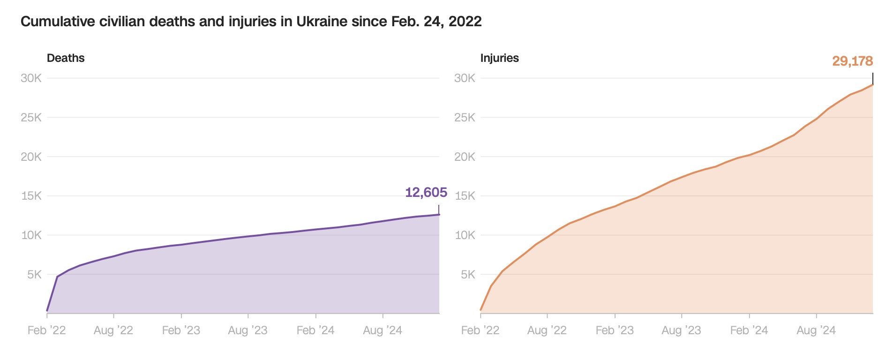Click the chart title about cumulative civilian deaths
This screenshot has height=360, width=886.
tap(251, 22)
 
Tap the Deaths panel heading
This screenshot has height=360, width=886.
tap(66, 58)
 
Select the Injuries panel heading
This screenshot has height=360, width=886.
tap(499, 58)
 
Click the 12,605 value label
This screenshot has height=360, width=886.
tap(426, 192)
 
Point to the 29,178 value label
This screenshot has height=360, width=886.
tap(852, 61)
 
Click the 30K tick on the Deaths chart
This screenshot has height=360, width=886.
tap(31, 78)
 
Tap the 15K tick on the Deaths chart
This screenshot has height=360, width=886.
tap(31, 196)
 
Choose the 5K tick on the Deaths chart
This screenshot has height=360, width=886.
tap(34, 274)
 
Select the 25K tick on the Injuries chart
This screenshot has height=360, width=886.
tap(465, 118)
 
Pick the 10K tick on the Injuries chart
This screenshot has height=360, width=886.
tap(465, 235)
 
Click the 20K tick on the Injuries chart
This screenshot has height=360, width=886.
tap(465, 157)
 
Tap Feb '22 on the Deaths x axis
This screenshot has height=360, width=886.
tap(46, 330)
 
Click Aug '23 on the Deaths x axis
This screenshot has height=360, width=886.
tap(248, 330)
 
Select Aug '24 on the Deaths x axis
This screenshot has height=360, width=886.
tap(383, 330)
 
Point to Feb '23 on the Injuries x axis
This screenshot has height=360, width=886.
tap(615, 330)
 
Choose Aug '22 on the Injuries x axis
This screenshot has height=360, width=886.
tap(547, 330)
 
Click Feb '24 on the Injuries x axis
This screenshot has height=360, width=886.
tap(749, 330)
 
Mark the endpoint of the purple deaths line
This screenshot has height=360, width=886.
tap(439, 215)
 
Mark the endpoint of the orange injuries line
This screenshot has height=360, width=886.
tap(873, 84)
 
